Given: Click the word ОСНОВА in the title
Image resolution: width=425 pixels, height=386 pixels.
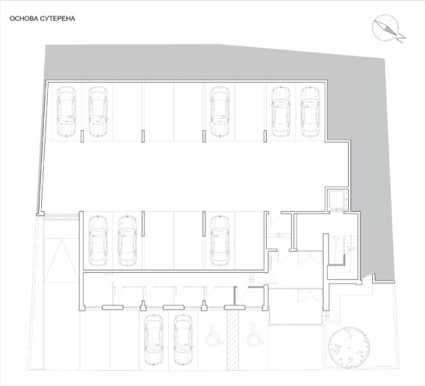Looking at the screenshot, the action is pyautogui.click(x=24, y=19).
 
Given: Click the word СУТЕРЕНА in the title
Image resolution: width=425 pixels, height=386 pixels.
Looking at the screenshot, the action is pyautogui.click(x=58, y=19).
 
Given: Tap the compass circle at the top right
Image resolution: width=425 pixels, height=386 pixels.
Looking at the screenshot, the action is pyautogui.click(x=385, y=28).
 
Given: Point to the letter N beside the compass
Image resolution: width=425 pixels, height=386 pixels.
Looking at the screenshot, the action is pyautogui.click(x=401, y=38).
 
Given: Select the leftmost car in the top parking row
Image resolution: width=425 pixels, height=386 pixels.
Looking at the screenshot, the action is pyautogui.click(x=66, y=111).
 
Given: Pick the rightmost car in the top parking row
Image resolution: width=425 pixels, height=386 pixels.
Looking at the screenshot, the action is pyautogui.click(x=311, y=111).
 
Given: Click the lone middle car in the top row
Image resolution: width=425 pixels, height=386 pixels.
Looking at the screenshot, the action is pyautogui.click(x=220, y=111).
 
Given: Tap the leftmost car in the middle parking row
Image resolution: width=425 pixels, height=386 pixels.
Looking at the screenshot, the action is pyautogui.click(x=98, y=241).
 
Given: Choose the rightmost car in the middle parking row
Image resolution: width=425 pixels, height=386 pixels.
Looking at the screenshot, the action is pyautogui.click(x=220, y=241).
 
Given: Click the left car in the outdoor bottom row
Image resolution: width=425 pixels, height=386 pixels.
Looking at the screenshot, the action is pyautogui.click(x=154, y=340).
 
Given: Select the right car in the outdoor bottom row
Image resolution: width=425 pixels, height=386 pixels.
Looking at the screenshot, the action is pyautogui.click(x=183, y=340).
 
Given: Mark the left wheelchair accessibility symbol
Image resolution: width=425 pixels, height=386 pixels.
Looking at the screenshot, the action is pyautogui.click(x=214, y=335).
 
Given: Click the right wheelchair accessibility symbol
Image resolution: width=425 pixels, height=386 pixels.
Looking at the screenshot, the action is pyautogui.click(x=255, y=335).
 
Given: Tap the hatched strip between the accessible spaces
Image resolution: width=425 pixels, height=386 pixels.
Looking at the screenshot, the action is pyautogui.click(x=232, y=340).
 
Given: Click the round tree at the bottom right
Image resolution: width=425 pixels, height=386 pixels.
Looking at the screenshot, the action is pyautogui.click(x=349, y=347).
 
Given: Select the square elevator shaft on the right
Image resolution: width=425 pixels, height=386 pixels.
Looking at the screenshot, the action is pyautogui.click(x=338, y=200).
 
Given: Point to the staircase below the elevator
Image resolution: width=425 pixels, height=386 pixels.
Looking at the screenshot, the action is pyautogui.click(x=344, y=253).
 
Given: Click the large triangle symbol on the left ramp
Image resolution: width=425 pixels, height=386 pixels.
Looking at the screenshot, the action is pyautogui.click(x=61, y=260).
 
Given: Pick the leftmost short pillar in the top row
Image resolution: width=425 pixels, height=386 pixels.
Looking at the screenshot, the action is pyautogui.click(x=82, y=136).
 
